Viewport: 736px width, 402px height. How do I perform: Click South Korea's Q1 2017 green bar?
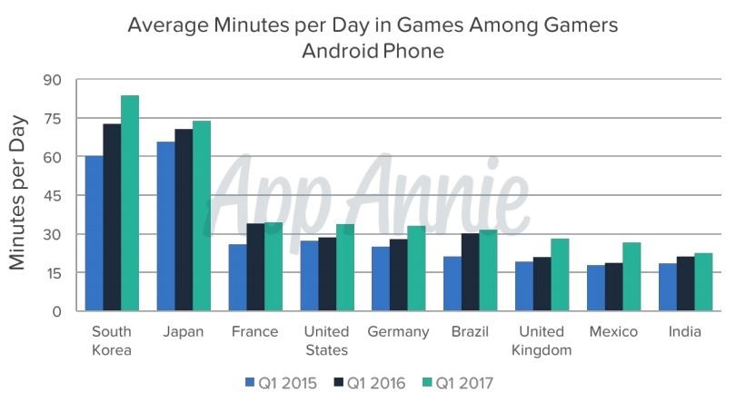pos(130,203)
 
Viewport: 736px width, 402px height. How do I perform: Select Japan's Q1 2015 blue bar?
pos(165,227)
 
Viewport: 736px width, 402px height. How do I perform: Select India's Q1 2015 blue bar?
pos(666,287)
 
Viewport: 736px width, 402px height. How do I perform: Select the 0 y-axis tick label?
pos(56,311)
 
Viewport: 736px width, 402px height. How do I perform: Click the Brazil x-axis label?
pos(470,332)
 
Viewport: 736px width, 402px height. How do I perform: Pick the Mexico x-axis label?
pos(612,332)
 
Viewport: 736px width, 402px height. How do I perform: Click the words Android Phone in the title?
pos(373,52)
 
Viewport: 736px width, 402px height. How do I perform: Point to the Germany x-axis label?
pos(398,332)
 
